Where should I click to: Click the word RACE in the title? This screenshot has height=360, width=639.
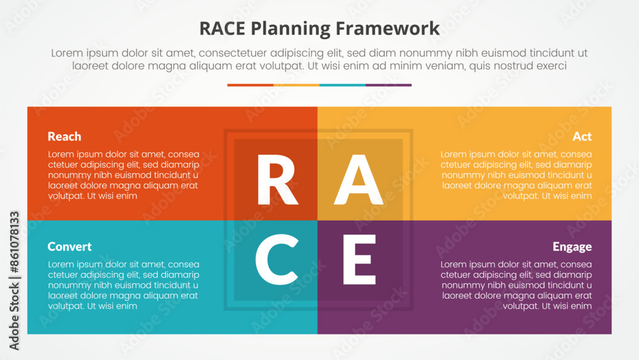click(x=222, y=29)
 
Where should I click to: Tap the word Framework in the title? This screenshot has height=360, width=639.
click(x=388, y=29)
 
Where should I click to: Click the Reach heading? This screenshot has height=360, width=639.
click(x=65, y=136)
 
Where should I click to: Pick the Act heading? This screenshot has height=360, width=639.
click(x=582, y=136)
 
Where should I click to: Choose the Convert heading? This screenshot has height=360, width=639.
click(x=70, y=246)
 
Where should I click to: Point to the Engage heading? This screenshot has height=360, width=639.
click(x=572, y=247)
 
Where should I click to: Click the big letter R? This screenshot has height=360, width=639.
click(x=277, y=180)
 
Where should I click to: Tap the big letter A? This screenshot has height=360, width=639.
click(x=358, y=180)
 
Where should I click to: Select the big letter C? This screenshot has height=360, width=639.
click(x=277, y=260)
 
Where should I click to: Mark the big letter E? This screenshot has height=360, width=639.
click(x=359, y=260)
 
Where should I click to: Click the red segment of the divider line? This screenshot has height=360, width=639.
click(x=250, y=85)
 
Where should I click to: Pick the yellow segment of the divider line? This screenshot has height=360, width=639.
click(x=296, y=85)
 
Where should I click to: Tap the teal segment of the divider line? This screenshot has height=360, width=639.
click(x=343, y=85)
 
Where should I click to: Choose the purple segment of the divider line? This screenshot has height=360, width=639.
click(x=389, y=85)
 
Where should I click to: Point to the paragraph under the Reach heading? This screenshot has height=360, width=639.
click(x=123, y=175)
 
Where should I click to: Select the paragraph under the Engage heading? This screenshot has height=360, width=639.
click(x=516, y=285)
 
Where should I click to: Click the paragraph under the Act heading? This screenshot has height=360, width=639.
click(x=516, y=175)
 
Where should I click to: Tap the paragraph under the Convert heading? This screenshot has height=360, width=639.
click(x=123, y=285)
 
